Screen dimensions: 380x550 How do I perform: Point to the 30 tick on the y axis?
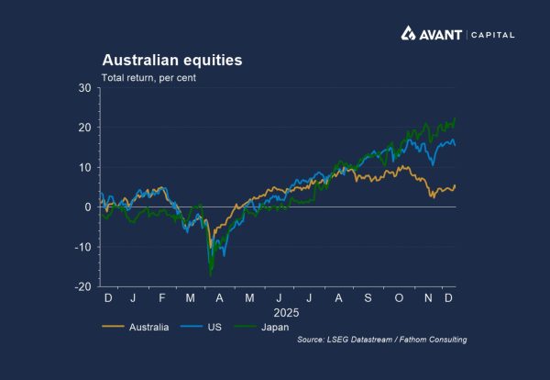pos(85,88)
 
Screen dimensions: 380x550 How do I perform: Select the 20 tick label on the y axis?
pos(85,128)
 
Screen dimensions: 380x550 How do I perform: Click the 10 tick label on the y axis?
pos(85,167)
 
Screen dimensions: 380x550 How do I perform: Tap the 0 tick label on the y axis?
pos(89,207)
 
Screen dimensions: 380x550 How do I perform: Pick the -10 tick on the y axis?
pos(83,247)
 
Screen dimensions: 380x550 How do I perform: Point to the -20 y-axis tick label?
pos(83,286)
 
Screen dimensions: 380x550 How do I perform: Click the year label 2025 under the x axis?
pos(278,312)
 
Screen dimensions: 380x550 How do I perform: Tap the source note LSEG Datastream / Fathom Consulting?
pos(382,340)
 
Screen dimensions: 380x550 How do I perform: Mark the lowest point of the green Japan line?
pos(211,274)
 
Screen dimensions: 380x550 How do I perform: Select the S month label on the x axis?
pos(367,298)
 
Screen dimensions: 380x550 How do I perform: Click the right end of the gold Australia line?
pos(456,185)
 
